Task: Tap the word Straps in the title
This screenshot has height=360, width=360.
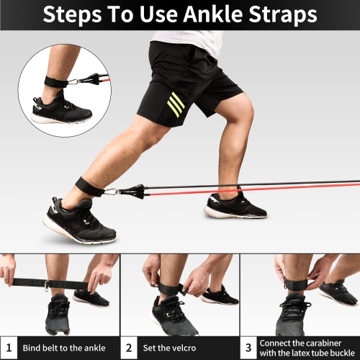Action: (x=283, y=15)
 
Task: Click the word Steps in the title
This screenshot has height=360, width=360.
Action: (x=72, y=15)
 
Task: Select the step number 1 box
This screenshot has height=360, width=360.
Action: (x=9, y=348)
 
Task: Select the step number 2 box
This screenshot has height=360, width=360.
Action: (x=129, y=348)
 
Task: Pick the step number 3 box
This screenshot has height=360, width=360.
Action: (x=248, y=348)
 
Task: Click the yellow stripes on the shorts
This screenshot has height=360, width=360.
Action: (x=176, y=104)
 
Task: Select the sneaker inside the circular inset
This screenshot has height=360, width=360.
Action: (x=62, y=109)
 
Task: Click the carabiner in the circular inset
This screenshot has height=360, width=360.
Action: (x=74, y=81)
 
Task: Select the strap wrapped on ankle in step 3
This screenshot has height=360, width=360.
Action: (x=296, y=284)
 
